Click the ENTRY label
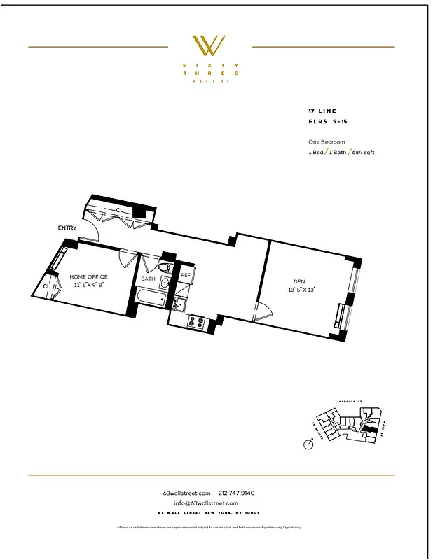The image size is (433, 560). click(68, 228)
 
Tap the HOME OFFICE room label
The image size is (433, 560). click(88, 276)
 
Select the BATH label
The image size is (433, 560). click(148, 279)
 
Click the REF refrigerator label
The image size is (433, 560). click(186, 275)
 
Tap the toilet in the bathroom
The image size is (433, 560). click(164, 268)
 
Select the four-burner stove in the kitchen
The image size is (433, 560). click(196, 323)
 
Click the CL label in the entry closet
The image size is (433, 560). click(119, 210)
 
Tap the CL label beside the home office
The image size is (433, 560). click(46, 286)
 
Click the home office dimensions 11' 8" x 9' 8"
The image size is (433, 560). click(88, 285)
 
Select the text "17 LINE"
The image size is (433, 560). click(321, 111)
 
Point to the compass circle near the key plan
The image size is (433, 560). click(308, 444)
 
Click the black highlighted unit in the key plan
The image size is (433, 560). click(367, 425)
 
